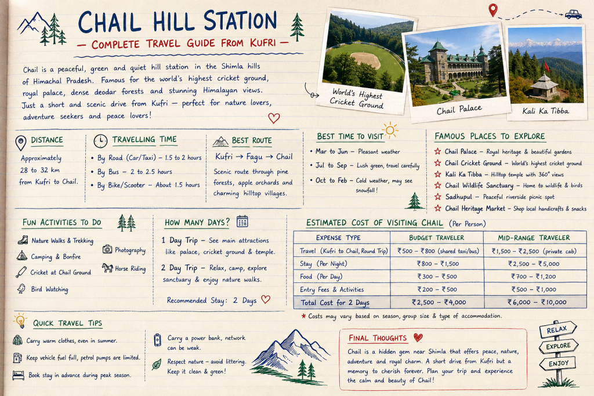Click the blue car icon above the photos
click(x=573, y=14)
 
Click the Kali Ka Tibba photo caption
click(x=545, y=111)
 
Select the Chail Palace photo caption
click(x=459, y=110)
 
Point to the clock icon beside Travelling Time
click(x=100, y=141)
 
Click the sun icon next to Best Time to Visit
click(x=390, y=131)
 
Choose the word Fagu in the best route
click(x=254, y=157)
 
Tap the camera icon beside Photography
click(x=107, y=249)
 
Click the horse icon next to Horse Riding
click(x=107, y=268)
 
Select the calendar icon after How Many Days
click(x=242, y=221)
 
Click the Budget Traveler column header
click(x=436, y=238)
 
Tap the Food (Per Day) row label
click(x=321, y=277)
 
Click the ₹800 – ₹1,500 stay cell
click(x=437, y=264)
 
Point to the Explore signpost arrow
click(x=559, y=346)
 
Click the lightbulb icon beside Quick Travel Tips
click(x=20, y=320)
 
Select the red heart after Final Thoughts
click(x=418, y=337)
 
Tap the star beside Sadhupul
click(x=438, y=197)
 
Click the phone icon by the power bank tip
click(x=157, y=340)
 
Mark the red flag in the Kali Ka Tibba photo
click(x=546, y=67)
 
